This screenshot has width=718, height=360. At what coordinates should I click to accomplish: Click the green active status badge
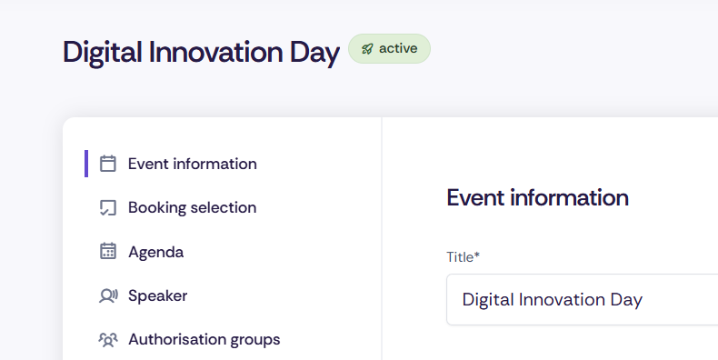389,49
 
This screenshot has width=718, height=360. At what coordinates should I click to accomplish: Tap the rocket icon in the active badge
366,49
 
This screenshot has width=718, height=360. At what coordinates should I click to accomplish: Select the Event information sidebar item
192,164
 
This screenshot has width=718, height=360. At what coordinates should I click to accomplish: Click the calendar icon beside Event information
108,164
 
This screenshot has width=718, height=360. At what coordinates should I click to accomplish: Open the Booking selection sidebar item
192,207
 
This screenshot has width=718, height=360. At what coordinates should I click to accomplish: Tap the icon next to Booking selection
108,207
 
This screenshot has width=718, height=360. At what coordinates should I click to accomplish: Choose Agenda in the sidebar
155,252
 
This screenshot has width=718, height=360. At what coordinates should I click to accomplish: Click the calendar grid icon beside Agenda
108,252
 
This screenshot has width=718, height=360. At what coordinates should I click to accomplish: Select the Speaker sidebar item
157,295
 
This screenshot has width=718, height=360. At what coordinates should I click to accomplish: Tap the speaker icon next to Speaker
108,295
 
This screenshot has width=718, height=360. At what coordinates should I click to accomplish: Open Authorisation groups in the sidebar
204,339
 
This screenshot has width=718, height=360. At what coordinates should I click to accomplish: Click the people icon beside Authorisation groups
108,340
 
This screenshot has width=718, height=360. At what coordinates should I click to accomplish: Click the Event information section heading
537,197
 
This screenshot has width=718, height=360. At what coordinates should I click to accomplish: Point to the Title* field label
463,257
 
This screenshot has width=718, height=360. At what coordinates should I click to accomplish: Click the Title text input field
582,300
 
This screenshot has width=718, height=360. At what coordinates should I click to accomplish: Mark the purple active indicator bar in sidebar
86,164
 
